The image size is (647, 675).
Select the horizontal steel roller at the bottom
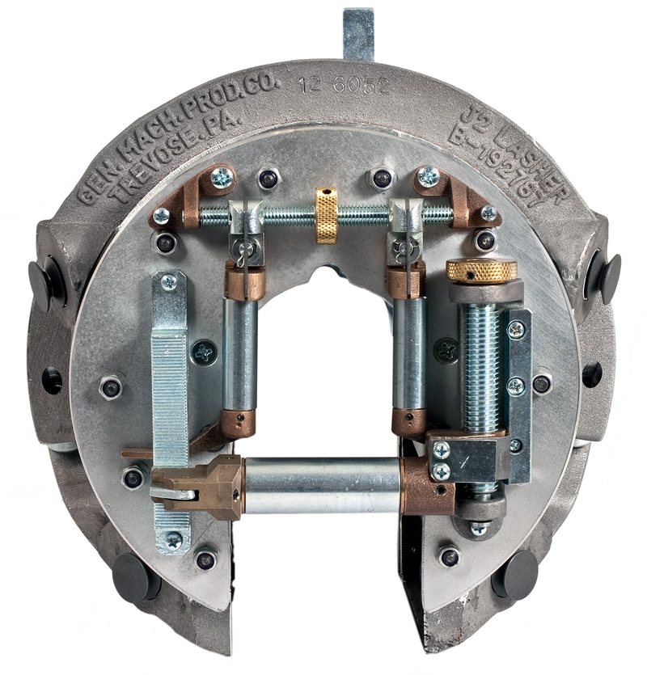[x=323, y=485]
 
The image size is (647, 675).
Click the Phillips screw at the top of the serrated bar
[x=169, y=281]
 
